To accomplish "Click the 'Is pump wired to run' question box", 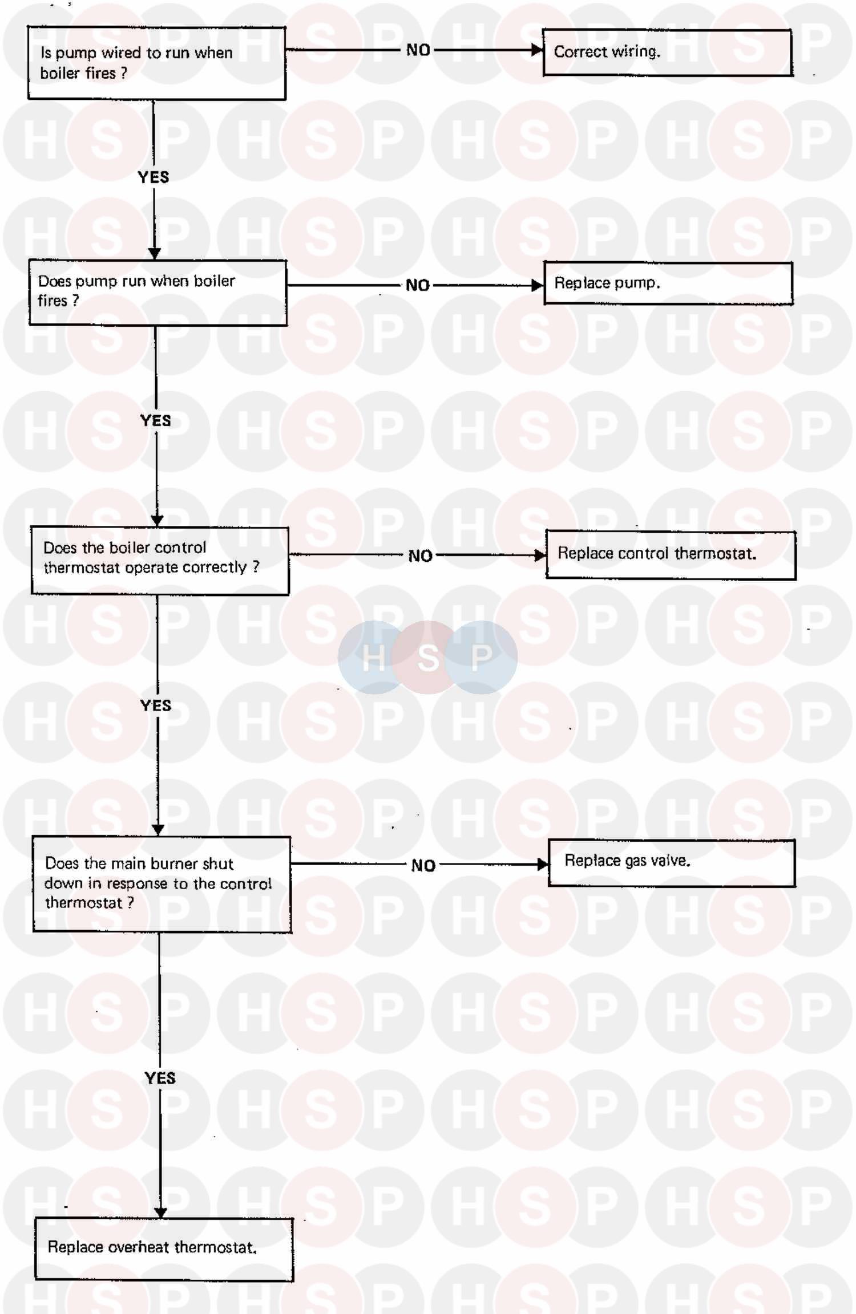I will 157,63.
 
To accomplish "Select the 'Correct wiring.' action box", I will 667,52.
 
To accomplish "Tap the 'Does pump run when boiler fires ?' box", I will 158,293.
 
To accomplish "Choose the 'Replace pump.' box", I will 668,283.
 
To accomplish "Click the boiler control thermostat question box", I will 160,561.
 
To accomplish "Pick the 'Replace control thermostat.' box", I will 671,555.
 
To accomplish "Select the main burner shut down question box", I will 162,884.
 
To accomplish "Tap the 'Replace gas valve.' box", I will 672,863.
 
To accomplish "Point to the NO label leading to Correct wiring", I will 418,50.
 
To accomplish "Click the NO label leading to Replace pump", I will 418,285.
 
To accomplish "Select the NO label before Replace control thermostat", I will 421,556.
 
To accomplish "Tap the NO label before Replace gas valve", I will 423,866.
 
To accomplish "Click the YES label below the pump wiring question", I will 154,177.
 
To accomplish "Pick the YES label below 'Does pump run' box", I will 156,421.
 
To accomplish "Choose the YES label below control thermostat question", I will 156,705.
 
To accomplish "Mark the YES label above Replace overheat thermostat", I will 160,1078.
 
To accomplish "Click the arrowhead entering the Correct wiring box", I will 536,50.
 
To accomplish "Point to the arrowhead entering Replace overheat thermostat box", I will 161,1212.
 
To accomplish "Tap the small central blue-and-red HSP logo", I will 427,657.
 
